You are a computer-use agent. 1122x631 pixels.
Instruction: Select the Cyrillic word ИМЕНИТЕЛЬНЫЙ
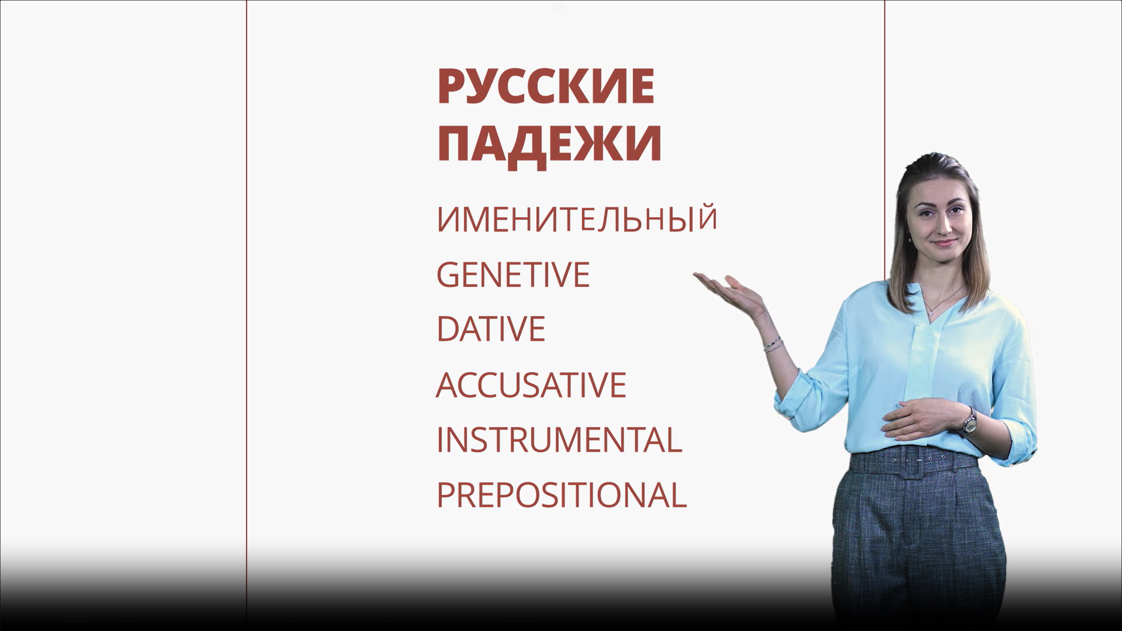point(577,219)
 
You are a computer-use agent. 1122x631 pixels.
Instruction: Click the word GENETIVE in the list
point(513,275)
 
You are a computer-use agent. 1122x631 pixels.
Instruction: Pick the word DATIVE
point(491,329)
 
